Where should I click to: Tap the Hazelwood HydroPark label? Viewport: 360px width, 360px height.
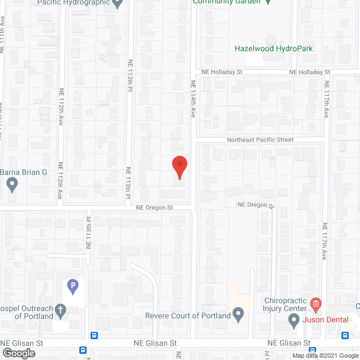[273, 49]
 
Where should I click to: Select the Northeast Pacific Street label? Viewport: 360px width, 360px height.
[260, 139]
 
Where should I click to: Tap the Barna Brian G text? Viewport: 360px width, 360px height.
[24, 172]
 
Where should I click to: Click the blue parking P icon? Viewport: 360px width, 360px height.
[73, 287]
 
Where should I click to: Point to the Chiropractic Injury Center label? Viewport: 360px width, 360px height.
[286, 304]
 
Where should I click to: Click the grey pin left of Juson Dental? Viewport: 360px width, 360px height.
[293, 321]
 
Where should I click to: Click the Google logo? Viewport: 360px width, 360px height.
[18, 353]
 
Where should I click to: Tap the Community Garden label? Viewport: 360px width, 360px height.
[227, 2]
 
